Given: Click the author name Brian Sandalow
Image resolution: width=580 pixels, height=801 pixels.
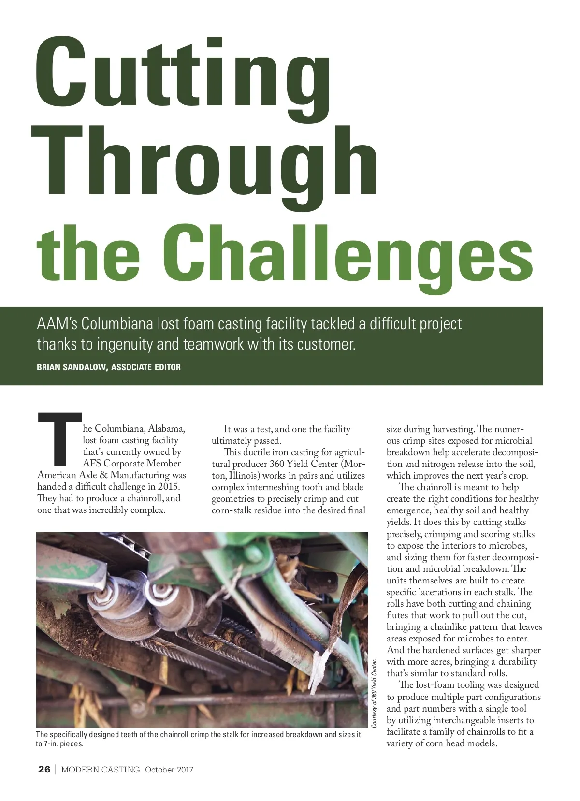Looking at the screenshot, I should click(x=72, y=367).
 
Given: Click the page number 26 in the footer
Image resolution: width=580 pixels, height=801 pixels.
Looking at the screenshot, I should click(x=44, y=770).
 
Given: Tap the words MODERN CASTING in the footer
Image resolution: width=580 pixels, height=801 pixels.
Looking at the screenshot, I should click(x=101, y=770).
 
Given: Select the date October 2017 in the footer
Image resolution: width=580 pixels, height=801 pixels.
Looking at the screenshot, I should click(x=169, y=770).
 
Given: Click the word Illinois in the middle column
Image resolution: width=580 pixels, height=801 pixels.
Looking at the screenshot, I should click(x=245, y=475).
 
